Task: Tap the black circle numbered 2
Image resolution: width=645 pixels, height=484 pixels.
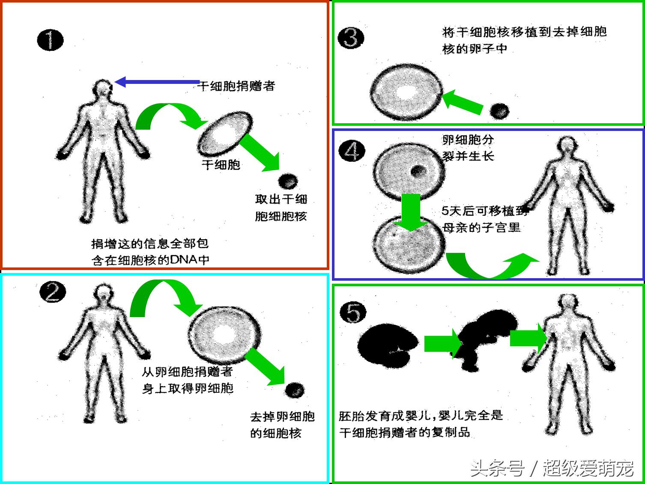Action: coord(53,293)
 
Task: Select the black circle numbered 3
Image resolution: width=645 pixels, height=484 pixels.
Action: coord(351,38)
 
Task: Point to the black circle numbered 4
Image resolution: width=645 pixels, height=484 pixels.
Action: coord(352,151)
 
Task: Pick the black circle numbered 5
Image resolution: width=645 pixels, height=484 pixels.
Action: coord(353,312)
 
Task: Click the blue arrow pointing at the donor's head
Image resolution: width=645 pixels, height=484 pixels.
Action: coord(157,82)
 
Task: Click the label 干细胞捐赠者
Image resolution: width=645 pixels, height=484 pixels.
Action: coord(237,86)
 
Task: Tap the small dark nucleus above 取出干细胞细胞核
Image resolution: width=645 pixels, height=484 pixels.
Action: coord(287,181)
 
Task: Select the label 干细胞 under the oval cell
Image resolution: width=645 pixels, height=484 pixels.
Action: coord(221,165)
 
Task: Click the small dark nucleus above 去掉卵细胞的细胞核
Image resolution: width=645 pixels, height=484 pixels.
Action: coord(294,390)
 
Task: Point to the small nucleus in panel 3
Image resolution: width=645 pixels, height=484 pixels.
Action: coord(499,111)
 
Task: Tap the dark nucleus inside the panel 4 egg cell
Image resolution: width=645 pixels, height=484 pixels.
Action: coord(417,172)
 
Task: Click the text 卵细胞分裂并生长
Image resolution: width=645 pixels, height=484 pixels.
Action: coord(468,148)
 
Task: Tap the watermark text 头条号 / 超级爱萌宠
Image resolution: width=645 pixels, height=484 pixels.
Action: coord(552,469)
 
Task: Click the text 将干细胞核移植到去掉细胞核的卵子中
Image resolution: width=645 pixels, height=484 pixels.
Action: coord(524,40)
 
